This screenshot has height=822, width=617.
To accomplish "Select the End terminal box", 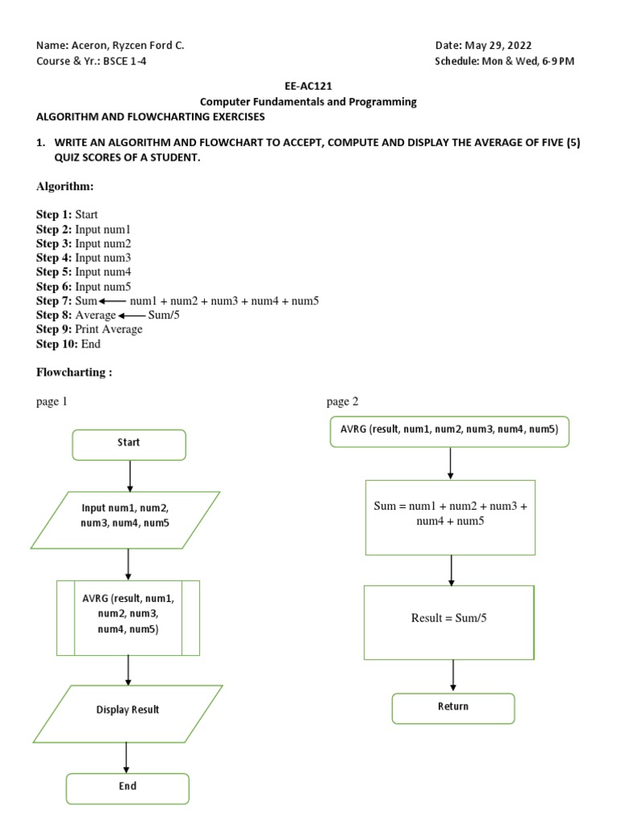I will tap(127, 788).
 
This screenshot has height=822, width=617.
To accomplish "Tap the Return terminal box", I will tap(452, 708).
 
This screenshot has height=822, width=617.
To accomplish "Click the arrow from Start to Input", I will tap(129, 475).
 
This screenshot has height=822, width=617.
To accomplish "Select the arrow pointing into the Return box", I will tap(453, 675).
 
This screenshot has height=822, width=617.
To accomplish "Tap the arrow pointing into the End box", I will tap(126, 757).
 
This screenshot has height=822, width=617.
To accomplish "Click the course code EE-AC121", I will tap(308, 87).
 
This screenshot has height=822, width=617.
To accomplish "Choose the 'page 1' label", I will tap(52, 401).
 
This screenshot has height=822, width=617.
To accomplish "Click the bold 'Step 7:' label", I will tap(54, 301).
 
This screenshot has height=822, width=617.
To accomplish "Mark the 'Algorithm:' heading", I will tap(65, 186).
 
